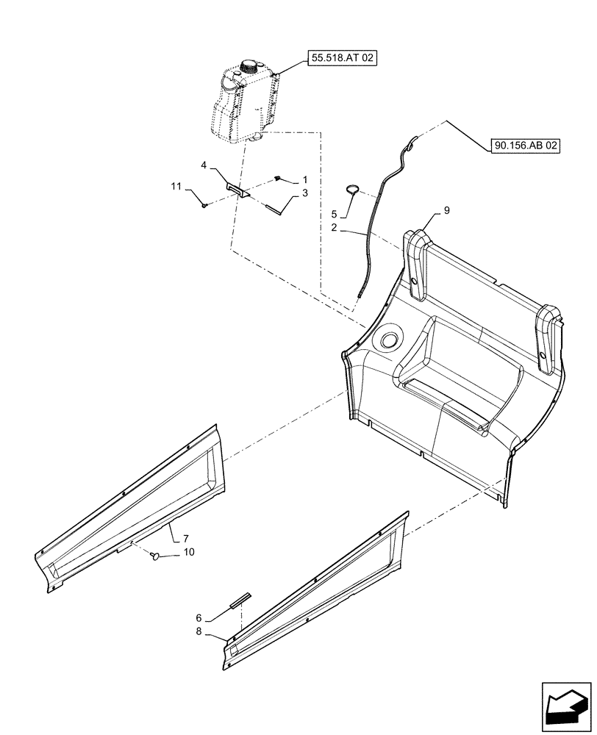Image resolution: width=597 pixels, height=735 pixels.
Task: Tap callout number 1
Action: (305, 180)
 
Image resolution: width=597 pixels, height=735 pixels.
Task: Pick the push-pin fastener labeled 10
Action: (156, 556)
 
